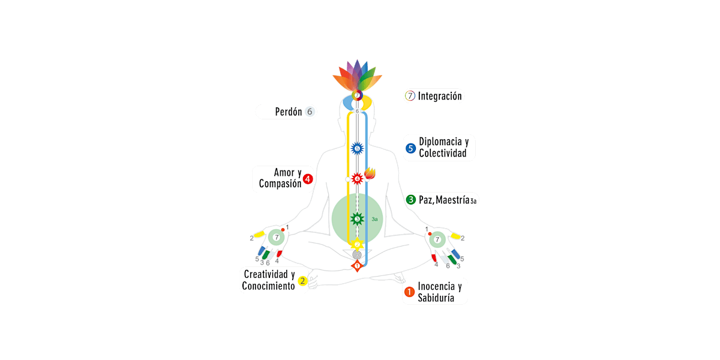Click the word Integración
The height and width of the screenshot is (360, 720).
[x=440, y=96]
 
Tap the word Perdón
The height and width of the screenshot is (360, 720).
[x=288, y=112]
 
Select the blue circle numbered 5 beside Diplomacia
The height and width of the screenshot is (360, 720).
[x=410, y=148]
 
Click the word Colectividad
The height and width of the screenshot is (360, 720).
[x=442, y=154]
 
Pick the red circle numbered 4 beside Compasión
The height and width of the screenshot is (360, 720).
[x=308, y=179]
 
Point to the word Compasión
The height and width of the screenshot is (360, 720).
[x=280, y=184]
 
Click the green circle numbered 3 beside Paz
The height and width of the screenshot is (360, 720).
[x=411, y=200]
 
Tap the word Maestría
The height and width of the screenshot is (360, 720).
[x=448, y=200]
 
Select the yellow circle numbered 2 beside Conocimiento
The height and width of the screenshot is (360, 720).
[x=303, y=280]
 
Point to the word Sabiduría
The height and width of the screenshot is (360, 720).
[x=436, y=298]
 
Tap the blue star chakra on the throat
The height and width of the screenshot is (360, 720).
[x=357, y=148]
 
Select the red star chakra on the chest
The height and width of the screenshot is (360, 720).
[x=357, y=178]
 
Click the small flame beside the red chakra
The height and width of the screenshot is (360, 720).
[x=370, y=173]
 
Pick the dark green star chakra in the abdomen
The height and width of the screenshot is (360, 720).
[x=357, y=219]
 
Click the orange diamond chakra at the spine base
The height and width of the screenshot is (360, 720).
[x=357, y=265]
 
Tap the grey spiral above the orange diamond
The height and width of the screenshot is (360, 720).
[x=357, y=254]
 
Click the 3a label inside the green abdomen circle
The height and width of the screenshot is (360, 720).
[x=374, y=220]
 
